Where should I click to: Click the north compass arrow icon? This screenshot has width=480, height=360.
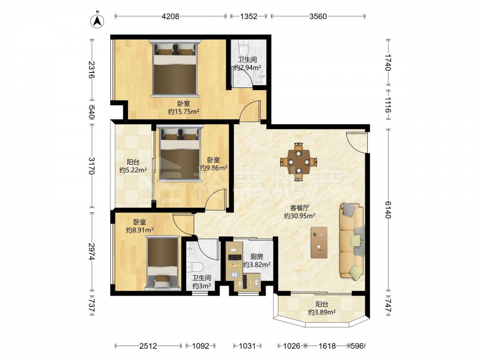click(97, 20)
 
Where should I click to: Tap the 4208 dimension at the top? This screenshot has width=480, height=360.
click(170, 16)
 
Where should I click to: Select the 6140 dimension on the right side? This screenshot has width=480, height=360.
click(388, 209)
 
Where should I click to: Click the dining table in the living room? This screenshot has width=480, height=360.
click(299, 161)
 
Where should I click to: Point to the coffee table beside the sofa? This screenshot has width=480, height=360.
click(319, 242)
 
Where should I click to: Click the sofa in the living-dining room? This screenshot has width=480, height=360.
click(352, 241)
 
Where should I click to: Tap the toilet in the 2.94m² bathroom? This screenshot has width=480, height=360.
click(244, 48)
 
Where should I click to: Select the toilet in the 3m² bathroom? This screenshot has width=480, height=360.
click(194, 267)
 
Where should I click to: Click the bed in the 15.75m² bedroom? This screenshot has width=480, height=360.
click(175, 69)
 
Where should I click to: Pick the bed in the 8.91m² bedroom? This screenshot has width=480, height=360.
click(162, 263)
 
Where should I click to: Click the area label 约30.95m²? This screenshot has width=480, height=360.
click(300, 216)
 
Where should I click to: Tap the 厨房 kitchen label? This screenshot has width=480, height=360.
click(256, 256)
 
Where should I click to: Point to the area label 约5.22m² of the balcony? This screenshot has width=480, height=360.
click(133, 169)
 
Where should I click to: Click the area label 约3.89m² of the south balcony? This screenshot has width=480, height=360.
click(322, 312)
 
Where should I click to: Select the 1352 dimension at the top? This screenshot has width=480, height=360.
click(249, 16)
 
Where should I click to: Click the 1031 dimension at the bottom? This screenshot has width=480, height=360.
click(247, 346)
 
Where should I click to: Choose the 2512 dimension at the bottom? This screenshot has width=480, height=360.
click(148, 346)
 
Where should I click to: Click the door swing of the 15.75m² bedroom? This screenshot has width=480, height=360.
click(250, 111)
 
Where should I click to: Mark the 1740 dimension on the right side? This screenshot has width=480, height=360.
click(388, 62)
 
